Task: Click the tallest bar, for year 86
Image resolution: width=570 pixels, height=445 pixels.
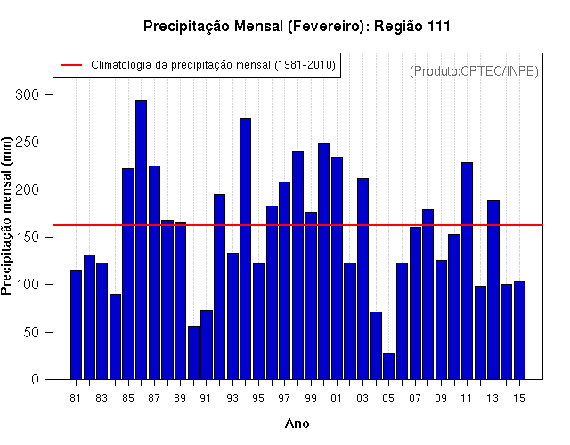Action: tap(141, 239)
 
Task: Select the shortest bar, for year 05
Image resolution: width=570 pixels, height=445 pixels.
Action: tap(388, 367)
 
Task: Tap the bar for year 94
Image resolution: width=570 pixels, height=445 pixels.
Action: tap(246, 249)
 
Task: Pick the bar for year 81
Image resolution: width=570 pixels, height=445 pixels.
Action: tap(76, 325)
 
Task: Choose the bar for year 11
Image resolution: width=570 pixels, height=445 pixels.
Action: tap(467, 271)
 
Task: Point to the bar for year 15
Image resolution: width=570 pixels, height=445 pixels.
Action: tap(519, 330)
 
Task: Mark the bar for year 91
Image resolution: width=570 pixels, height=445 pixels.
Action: tap(207, 344)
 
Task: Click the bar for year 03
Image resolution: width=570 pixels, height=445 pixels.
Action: tap(362, 279)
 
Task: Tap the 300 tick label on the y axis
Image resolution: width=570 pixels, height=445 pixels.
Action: tap(27, 95)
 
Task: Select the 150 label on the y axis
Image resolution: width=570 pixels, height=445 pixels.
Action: tap(27, 238)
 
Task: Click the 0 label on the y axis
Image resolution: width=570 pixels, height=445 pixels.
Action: tap(35, 380)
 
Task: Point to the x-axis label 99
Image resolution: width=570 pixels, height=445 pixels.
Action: tap(311, 399)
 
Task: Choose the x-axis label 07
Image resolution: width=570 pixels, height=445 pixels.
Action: tap(415, 399)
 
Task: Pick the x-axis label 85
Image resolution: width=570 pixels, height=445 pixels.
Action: tap(128, 399)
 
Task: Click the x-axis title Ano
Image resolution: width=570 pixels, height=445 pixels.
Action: tap(297, 424)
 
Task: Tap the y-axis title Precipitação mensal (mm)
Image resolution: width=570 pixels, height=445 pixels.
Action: tap(6, 215)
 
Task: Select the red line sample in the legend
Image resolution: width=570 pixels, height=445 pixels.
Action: tap(71, 65)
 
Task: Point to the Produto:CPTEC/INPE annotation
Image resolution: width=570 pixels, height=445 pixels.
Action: tap(474, 71)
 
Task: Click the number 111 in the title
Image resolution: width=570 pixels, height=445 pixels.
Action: tap(439, 27)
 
